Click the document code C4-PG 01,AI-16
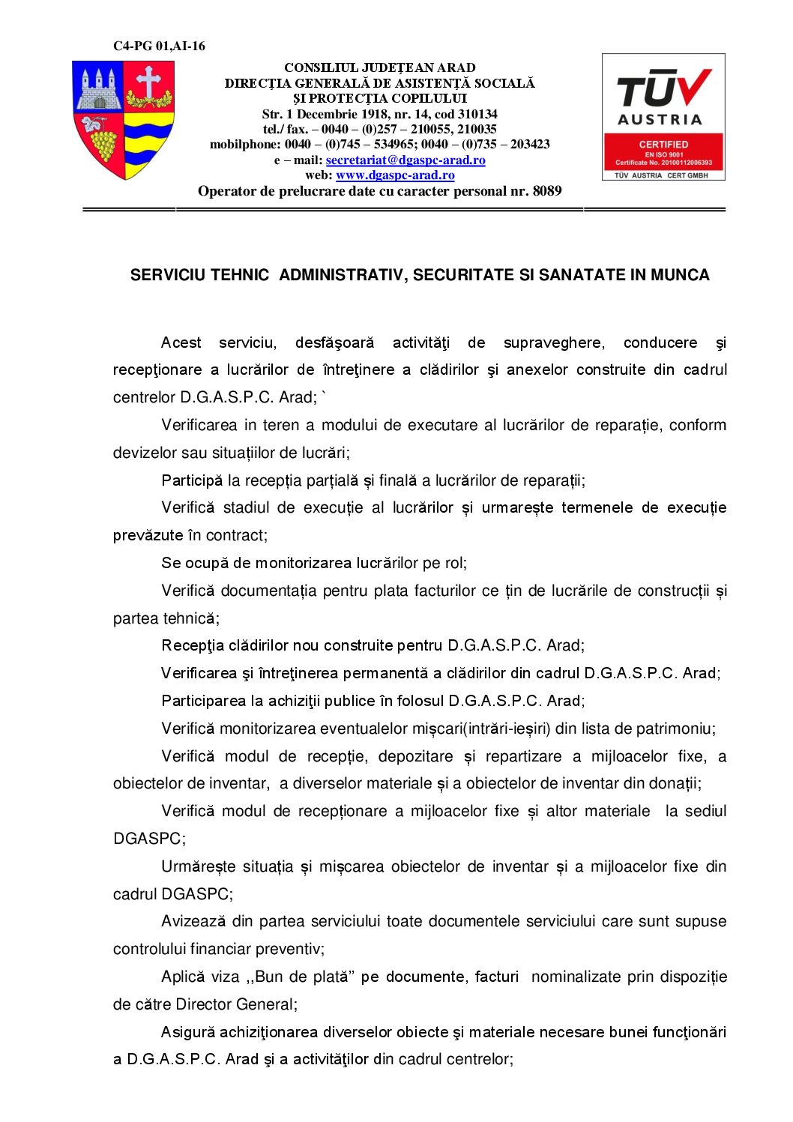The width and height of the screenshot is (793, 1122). coord(159,46)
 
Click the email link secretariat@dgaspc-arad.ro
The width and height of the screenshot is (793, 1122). coord(405,160)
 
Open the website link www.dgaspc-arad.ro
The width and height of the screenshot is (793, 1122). coord(395,175)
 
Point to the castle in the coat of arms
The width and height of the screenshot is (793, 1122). coord(98,88)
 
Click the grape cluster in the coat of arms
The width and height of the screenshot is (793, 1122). coord(103,142)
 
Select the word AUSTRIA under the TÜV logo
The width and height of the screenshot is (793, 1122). coord(660,119)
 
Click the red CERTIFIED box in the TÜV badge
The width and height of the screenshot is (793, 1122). coord(663,152)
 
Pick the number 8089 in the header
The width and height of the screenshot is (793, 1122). coord(547,191)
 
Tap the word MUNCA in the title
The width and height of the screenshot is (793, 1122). coord(680,275)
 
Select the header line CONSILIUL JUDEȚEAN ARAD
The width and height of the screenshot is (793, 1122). coord(380,67)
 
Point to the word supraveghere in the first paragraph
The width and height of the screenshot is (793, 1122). coord(553,343)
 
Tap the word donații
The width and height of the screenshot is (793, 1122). coord(675,784)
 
